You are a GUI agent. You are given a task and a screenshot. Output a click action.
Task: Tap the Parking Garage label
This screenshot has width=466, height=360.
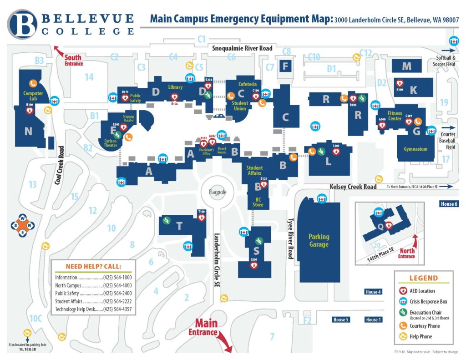[319, 240]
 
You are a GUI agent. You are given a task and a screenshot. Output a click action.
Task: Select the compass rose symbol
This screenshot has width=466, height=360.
[22, 225]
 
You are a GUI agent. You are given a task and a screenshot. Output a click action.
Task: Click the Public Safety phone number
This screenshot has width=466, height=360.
[117, 293]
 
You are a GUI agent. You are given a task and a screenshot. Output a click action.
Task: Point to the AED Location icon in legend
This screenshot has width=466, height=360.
[402, 291]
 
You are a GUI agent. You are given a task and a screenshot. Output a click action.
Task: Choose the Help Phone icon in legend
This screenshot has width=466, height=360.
[402, 336]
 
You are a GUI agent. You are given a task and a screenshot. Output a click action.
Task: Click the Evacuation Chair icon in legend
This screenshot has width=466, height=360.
[402, 312]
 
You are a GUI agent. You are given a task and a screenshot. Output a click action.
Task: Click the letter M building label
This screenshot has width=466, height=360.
[406, 66]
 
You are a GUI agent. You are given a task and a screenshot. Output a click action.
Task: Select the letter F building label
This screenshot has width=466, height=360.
[285, 66]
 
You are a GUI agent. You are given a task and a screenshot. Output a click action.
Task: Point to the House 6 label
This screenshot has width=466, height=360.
[448, 204]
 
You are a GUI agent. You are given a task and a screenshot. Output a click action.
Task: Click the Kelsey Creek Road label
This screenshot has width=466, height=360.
[353, 187]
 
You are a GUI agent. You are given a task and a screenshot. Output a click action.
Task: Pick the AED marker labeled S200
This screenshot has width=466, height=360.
[253, 265]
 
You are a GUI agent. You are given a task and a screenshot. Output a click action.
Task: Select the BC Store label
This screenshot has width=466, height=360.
[258, 202]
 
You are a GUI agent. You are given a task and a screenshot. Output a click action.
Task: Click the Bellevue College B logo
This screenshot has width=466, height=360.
[22, 25]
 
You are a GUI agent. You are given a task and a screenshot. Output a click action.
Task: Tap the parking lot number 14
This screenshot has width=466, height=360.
[89, 77]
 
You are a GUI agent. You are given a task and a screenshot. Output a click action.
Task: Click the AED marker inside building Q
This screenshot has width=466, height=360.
[389, 225]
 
